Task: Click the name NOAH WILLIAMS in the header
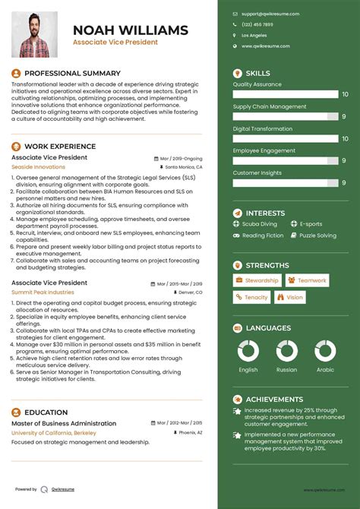pyautogui.click(x=131, y=30)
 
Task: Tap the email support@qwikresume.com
pyautogui.click(x=270, y=14)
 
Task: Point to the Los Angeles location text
pyautogui.click(x=254, y=35)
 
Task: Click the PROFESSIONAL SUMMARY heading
pyautogui.click(x=68, y=73)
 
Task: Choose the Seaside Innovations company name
pyautogui.click(x=38, y=166)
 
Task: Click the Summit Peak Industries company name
pyautogui.click(x=43, y=292)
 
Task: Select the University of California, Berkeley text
pyautogui.click(x=54, y=432)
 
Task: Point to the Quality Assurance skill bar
pyautogui.click(x=286, y=95)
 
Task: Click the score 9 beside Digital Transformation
pyautogui.click(x=344, y=139)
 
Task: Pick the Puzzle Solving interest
pyautogui.click(x=317, y=236)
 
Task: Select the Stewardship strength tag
pyautogui.click(x=257, y=280)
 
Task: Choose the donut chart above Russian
pyautogui.click(x=286, y=350)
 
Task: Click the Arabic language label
pyautogui.click(x=325, y=370)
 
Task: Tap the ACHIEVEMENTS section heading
pyautogui.click(x=274, y=399)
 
